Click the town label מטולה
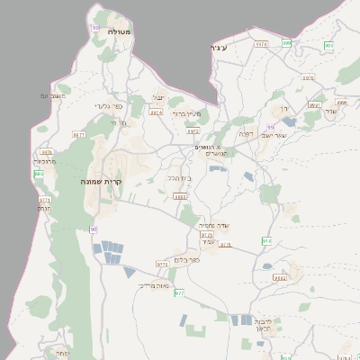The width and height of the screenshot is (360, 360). (x=120, y=32)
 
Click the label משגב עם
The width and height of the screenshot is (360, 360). (x=54, y=95)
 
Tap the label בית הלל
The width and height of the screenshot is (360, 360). (x=180, y=178)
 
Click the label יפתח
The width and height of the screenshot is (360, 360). (x=61, y=354)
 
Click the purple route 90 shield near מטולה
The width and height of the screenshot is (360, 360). (x=95, y=28)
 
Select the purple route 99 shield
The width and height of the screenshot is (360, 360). (x=270, y=128)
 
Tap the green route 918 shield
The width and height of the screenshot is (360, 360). (x=266, y=240)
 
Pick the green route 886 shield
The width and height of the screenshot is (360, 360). (x=39, y=174)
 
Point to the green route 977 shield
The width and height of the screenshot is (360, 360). (x=179, y=293)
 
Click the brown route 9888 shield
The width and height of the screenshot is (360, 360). (x=181, y=196)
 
